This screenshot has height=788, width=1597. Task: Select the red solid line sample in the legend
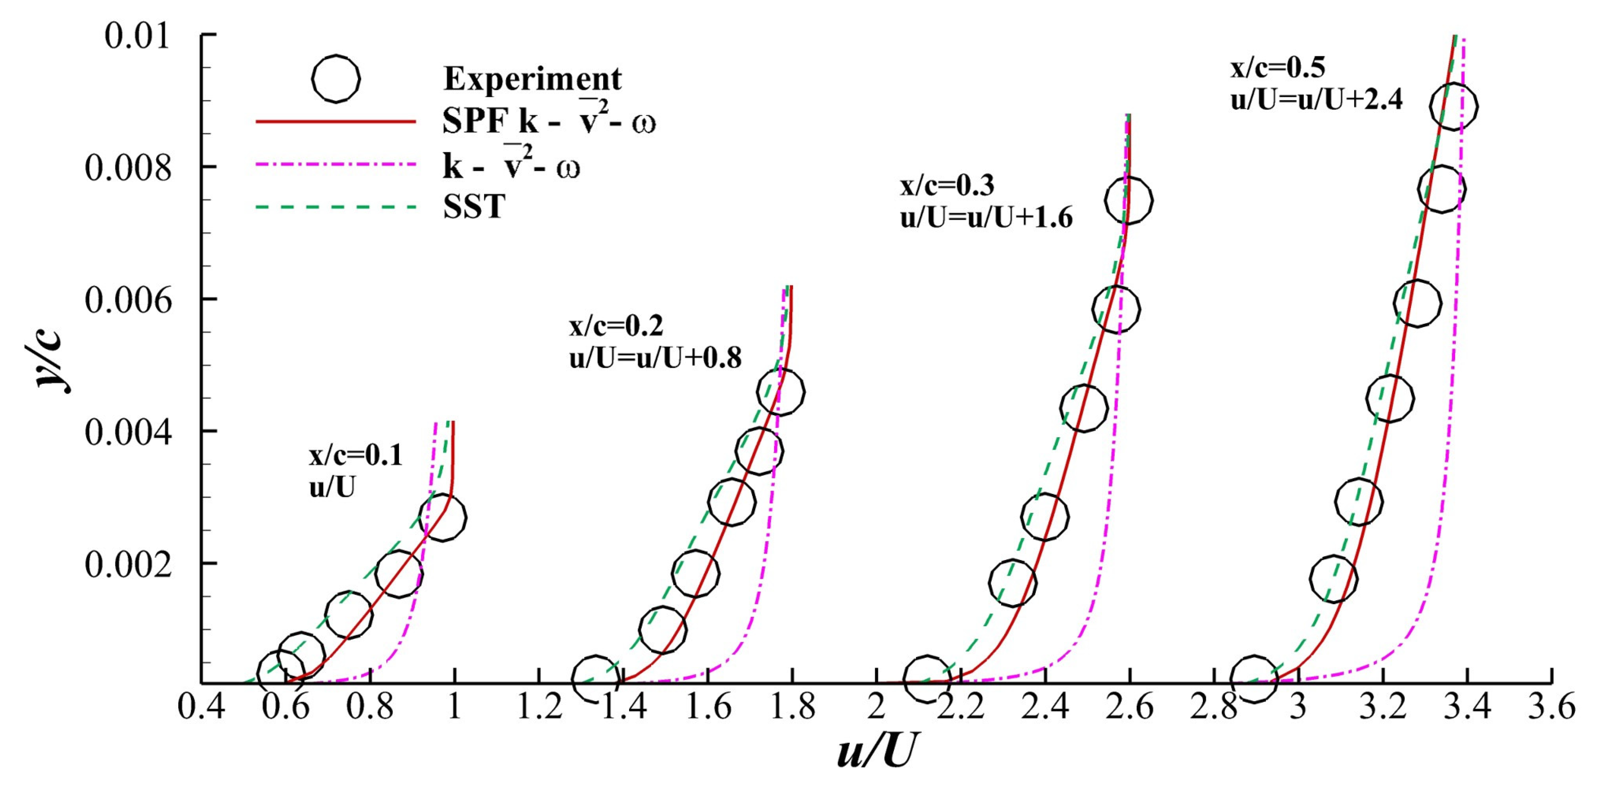pyautogui.click(x=335, y=122)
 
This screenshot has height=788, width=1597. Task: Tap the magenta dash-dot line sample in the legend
pyautogui.click(x=335, y=165)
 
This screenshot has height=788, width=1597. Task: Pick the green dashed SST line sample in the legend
pyautogui.click(x=335, y=206)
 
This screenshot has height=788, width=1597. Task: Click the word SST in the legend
pyautogui.click(x=474, y=206)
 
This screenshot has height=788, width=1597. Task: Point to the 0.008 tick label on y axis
pyautogui.click(x=128, y=167)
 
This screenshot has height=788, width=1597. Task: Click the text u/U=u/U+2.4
pyautogui.click(x=1316, y=99)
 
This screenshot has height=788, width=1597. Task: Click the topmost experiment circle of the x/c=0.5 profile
pyautogui.click(x=1454, y=106)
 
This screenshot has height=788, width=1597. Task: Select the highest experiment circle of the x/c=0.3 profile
pyautogui.click(x=1128, y=200)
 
